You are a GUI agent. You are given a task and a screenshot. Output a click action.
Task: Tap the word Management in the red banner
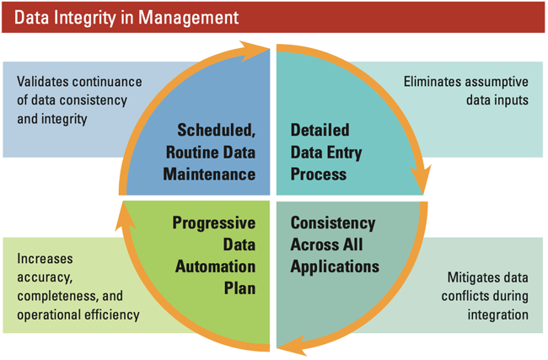click(182, 16)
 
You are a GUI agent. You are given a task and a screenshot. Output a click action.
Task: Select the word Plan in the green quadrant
click(239, 288)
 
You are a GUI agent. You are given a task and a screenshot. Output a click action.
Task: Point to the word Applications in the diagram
click(335, 266)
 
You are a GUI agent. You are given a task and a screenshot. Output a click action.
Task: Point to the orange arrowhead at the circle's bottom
click(289, 342)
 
